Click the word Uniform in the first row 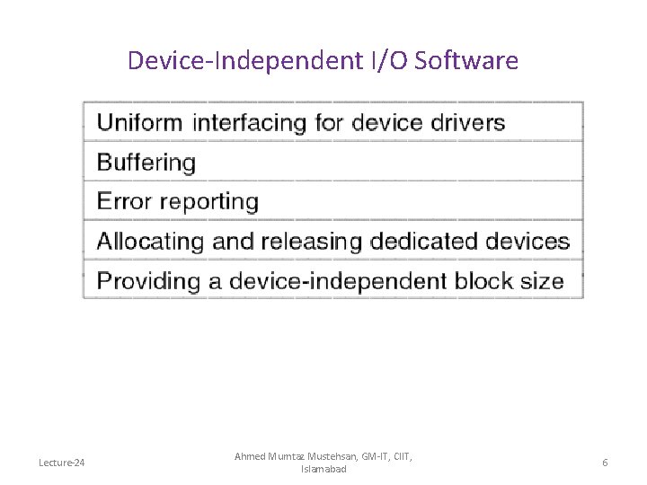(x=139, y=123)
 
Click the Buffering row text (x=146, y=163)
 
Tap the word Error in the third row (x=123, y=202)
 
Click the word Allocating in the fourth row (x=151, y=242)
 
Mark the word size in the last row (x=542, y=281)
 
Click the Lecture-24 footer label (x=62, y=463)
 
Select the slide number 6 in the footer (x=605, y=463)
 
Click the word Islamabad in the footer (x=323, y=469)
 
